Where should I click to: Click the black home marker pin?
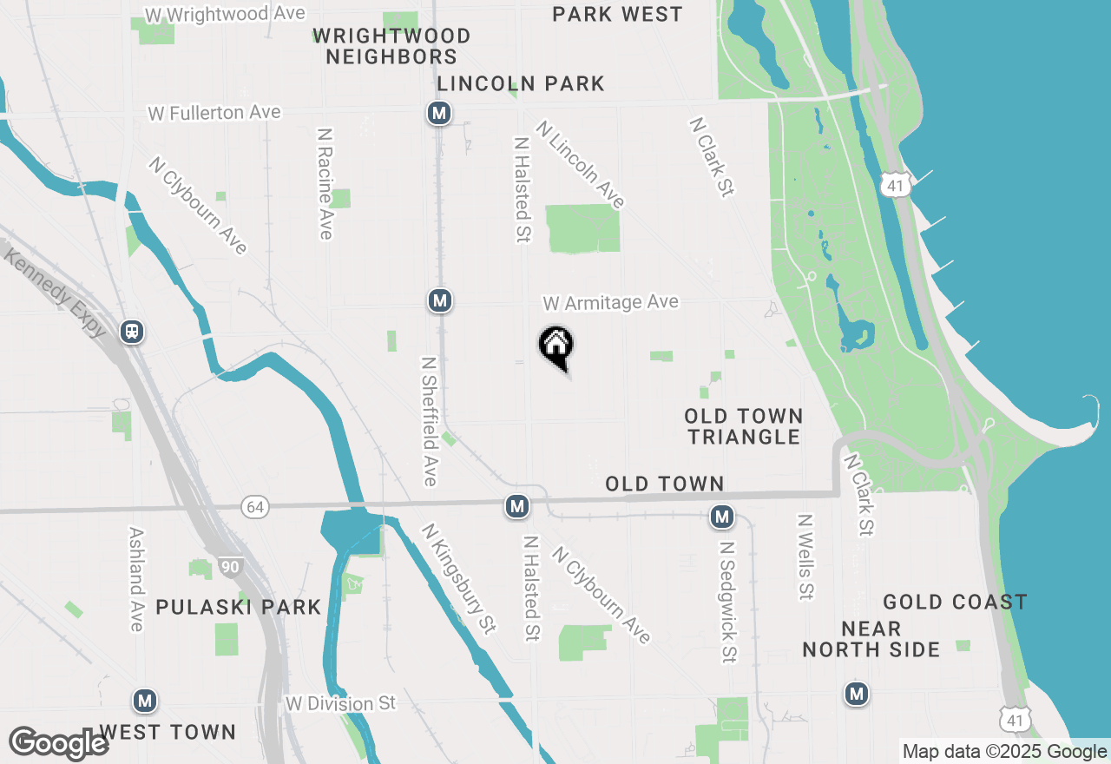coord(555,346)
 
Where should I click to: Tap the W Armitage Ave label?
coord(610,303)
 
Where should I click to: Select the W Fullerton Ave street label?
coord(214,113)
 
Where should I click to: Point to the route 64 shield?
coord(254,508)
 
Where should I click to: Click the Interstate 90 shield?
coord(229,567)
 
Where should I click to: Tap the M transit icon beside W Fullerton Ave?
coord(439,113)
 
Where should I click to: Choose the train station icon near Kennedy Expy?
coord(132,331)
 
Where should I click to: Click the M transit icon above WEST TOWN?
coord(144,700)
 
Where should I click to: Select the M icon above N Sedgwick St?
coord(721,517)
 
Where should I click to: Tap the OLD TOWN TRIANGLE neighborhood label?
coord(744,426)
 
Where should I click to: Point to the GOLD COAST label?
coord(955,602)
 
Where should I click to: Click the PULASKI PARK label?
coord(239,607)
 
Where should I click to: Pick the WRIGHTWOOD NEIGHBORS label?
coord(391,47)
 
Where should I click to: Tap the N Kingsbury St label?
coord(458,579)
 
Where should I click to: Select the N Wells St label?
coord(806,557)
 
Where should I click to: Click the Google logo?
coord(58,744)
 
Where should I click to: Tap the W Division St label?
coord(340,702)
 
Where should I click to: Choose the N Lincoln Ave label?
coord(580,165)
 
